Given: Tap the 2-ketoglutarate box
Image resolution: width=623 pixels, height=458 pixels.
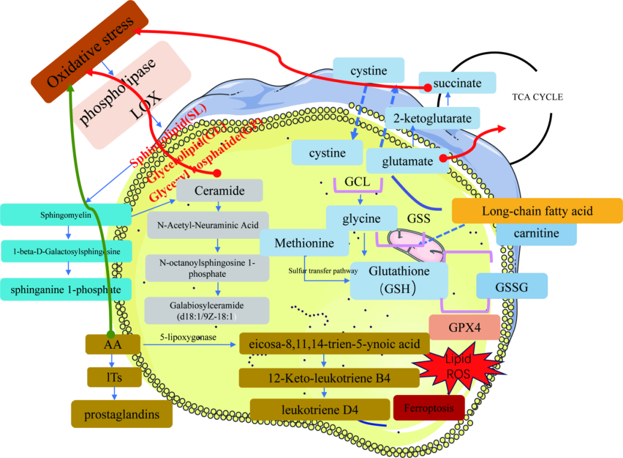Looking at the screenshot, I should pyautogui.click(x=432, y=118).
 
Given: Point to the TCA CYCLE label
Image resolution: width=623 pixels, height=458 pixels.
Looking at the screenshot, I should pyautogui.click(x=537, y=97).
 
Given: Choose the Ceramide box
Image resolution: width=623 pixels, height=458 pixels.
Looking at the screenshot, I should pyautogui.click(x=219, y=191).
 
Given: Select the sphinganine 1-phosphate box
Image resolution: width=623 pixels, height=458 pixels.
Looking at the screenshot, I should pyautogui.click(x=66, y=289).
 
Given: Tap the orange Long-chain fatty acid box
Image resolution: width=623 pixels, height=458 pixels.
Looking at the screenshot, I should pyautogui.click(x=537, y=211).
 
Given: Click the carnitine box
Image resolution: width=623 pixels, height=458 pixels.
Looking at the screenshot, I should pyautogui.click(x=537, y=234).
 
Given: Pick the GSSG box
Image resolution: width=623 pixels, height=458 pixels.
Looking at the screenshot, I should pyautogui.click(x=511, y=286).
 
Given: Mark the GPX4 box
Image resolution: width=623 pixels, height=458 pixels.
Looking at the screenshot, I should pyautogui.click(x=464, y=327).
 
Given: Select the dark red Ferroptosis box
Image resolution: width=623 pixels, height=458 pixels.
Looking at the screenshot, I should pyautogui.click(x=429, y=408).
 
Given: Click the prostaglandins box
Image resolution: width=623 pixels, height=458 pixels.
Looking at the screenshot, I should pyautogui.click(x=122, y=414).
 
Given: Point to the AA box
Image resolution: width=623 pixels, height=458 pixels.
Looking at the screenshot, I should pyautogui.click(x=113, y=345).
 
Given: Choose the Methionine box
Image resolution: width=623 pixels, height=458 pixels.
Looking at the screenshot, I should pyautogui.click(x=305, y=243).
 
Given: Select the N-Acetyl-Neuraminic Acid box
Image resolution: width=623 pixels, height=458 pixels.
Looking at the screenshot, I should pyautogui.click(x=208, y=226).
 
